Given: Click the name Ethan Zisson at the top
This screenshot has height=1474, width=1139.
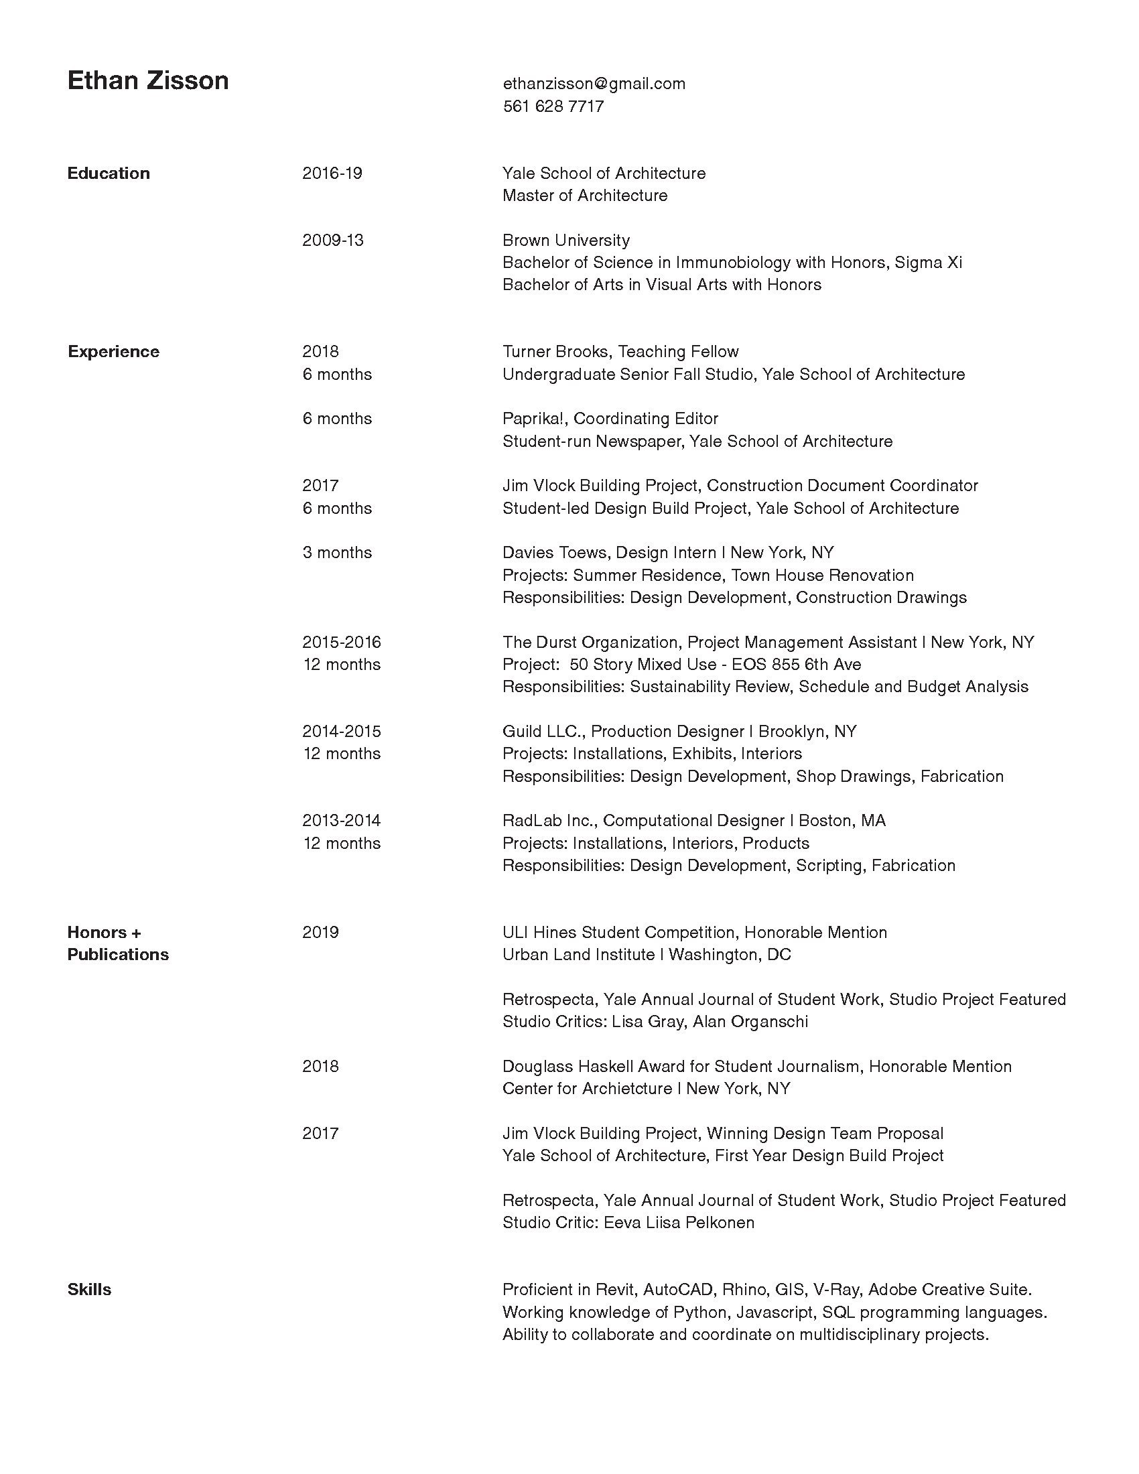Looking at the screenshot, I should pos(148,81).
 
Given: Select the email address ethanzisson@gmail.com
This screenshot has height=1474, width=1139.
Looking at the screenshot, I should pos(594,84).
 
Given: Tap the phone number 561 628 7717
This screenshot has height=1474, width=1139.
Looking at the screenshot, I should pos(553,107).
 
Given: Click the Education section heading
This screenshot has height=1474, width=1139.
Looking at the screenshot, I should pos(109,174).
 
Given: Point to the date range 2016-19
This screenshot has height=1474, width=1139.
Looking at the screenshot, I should pos(332,174).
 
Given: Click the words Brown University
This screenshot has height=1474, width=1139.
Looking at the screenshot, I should pos(566,241).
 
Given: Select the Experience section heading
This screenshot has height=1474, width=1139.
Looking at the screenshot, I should pos(113,352).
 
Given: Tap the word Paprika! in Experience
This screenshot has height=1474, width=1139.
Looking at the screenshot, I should pos(535,419).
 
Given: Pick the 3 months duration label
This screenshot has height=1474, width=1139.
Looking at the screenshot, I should pos(337,553).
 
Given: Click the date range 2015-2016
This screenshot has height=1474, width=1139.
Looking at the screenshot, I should pos(342,642).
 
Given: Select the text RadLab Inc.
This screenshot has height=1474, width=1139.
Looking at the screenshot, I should pos(548,821).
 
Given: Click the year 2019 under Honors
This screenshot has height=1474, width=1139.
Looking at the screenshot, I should pos(320,933).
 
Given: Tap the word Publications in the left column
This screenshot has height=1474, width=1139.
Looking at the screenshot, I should pos(118,955).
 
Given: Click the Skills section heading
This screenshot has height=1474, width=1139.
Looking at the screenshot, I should pos(89,1290).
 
